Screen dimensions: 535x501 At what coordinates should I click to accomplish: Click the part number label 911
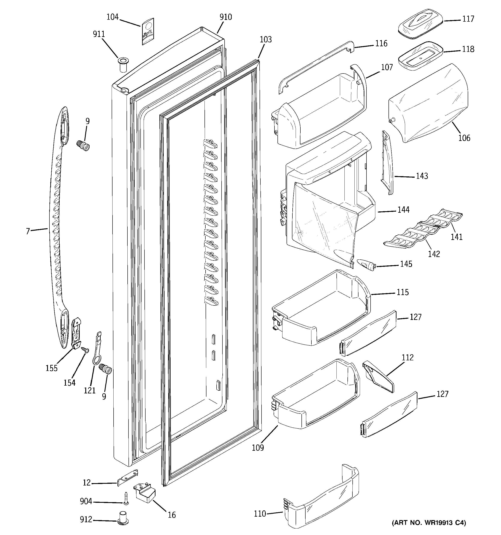coord(99,34)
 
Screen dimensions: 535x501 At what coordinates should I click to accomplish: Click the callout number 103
coord(265,40)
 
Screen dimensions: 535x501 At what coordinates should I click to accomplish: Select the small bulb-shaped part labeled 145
coord(366,265)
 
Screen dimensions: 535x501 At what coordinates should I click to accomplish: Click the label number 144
coord(403,210)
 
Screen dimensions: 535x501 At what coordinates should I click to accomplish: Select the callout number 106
coord(464,138)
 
